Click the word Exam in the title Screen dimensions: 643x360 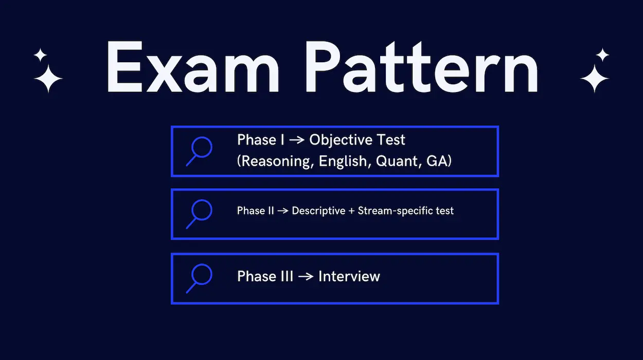193,67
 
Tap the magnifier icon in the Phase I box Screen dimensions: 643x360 199,151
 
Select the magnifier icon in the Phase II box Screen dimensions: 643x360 199,214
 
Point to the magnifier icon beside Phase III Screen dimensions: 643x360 199,278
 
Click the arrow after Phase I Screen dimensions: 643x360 297,140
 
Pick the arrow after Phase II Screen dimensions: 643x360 283,211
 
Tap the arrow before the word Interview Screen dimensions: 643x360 306,277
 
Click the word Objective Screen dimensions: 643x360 341,140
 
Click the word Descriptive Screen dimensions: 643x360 318,211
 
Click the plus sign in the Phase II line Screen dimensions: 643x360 352,211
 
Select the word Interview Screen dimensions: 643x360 349,276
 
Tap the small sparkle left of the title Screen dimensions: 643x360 41,55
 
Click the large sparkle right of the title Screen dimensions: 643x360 594,78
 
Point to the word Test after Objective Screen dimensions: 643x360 390,140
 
